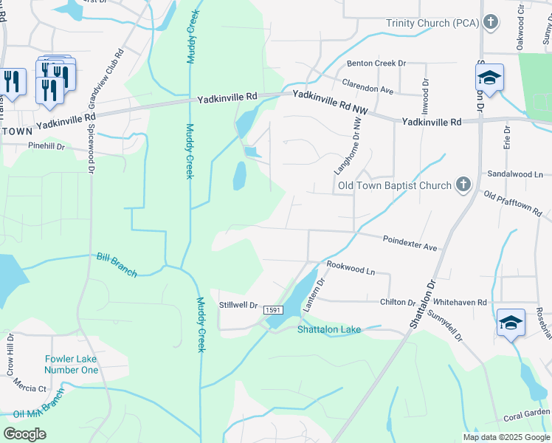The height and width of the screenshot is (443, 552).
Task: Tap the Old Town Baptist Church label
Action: pyautogui.click(x=394, y=185)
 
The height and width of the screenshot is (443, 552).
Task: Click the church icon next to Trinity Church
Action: pyautogui.click(x=489, y=22)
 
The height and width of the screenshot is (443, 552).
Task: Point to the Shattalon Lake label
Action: pyautogui.click(x=329, y=329)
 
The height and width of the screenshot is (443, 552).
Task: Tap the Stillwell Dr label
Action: pyautogui.click(x=238, y=305)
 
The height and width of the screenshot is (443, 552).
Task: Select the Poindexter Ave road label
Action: pyautogui.click(x=410, y=242)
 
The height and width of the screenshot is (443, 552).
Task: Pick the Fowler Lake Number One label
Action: pyautogui.click(x=71, y=365)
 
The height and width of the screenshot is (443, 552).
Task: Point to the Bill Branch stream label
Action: pyautogui.click(x=117, y=266)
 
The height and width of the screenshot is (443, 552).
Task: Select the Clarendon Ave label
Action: pyautogui.click(x=367, y=86)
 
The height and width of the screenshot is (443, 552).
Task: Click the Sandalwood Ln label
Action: pyautogui.click(x=515, y=175)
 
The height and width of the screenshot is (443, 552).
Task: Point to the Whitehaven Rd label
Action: pyautogui.click(x=460, y=303)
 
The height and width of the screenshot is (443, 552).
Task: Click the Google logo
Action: pyautogui.click(x=24, y=434)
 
